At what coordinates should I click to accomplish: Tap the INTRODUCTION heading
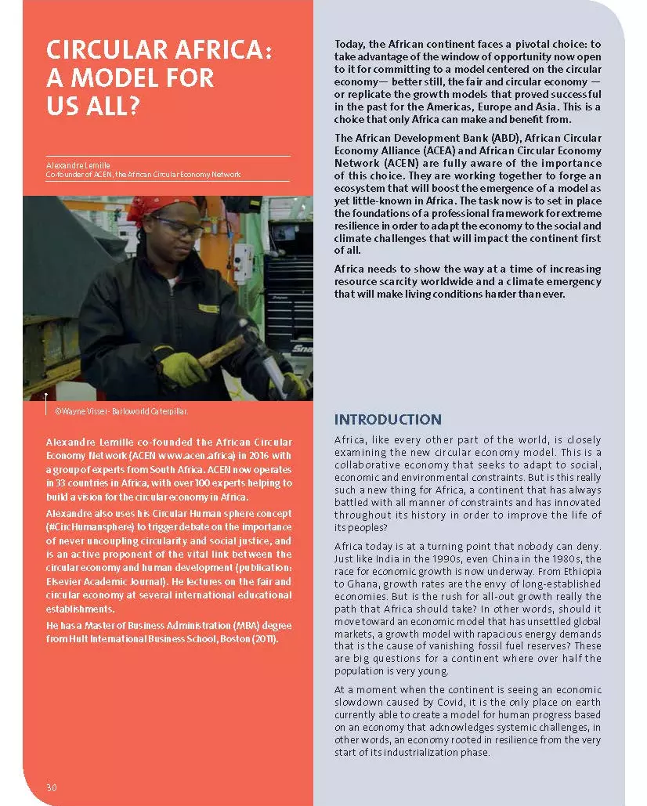tap(388, 420)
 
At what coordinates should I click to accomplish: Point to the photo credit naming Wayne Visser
tap(121, 410)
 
